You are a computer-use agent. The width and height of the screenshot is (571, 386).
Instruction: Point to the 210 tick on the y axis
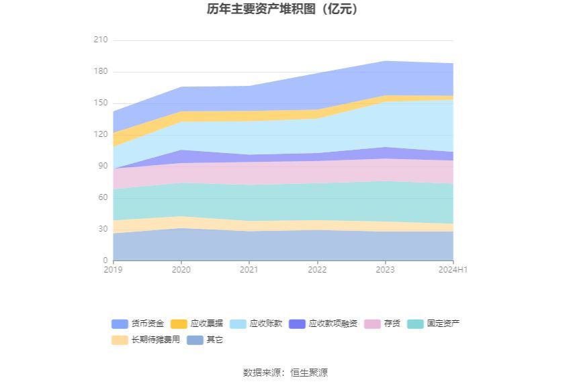point(100,40)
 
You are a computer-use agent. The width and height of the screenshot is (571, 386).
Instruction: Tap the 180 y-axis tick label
point(100,72)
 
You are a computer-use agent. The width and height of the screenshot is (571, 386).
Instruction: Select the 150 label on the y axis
point(100,103)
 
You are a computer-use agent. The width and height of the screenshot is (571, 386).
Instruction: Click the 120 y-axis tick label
point(100,135)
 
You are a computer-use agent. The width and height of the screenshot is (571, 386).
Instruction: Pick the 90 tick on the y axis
point(102,166)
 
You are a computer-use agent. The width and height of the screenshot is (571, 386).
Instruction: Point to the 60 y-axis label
point(102,197)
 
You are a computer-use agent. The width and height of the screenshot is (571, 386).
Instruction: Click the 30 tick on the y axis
point(102,229)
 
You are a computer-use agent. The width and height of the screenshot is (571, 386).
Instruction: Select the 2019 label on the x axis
point(113,270)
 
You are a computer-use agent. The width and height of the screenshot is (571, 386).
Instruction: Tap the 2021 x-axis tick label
point(249,270)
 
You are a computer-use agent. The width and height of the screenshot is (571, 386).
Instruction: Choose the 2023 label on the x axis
point(385,270)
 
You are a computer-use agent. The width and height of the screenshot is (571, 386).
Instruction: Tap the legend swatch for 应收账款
point(238,324)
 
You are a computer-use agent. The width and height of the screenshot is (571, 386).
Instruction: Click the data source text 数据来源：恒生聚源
point(285,373)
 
